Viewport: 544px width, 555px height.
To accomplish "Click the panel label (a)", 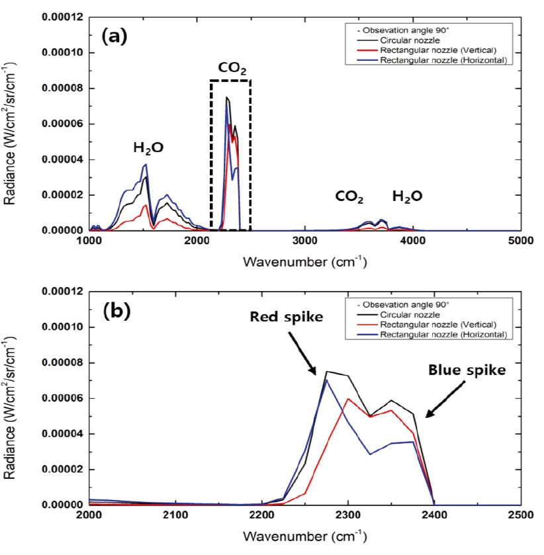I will point(113,36).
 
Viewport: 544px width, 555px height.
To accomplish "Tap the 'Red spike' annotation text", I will point(286,317).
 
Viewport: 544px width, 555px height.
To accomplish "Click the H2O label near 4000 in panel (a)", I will point(407,196).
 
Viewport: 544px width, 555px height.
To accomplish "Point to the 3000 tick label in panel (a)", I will point(304,242).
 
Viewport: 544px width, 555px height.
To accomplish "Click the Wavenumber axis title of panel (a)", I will point(304,261).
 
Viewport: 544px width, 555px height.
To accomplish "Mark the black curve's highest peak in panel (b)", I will point(327,371).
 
